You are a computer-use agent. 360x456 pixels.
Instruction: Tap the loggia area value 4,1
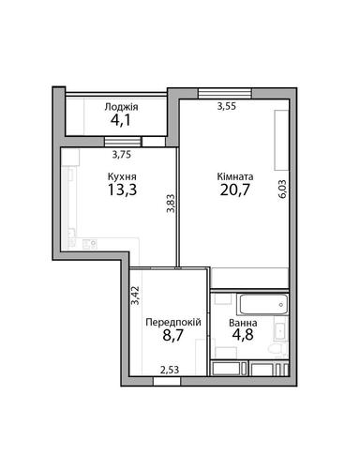point(121,122)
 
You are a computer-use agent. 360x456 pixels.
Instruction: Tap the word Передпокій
point(172,322)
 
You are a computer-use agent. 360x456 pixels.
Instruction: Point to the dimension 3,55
point(226,107)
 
